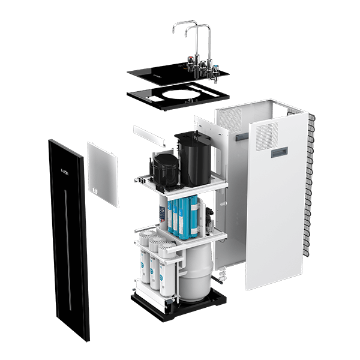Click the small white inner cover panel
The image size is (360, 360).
pos(103,173)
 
